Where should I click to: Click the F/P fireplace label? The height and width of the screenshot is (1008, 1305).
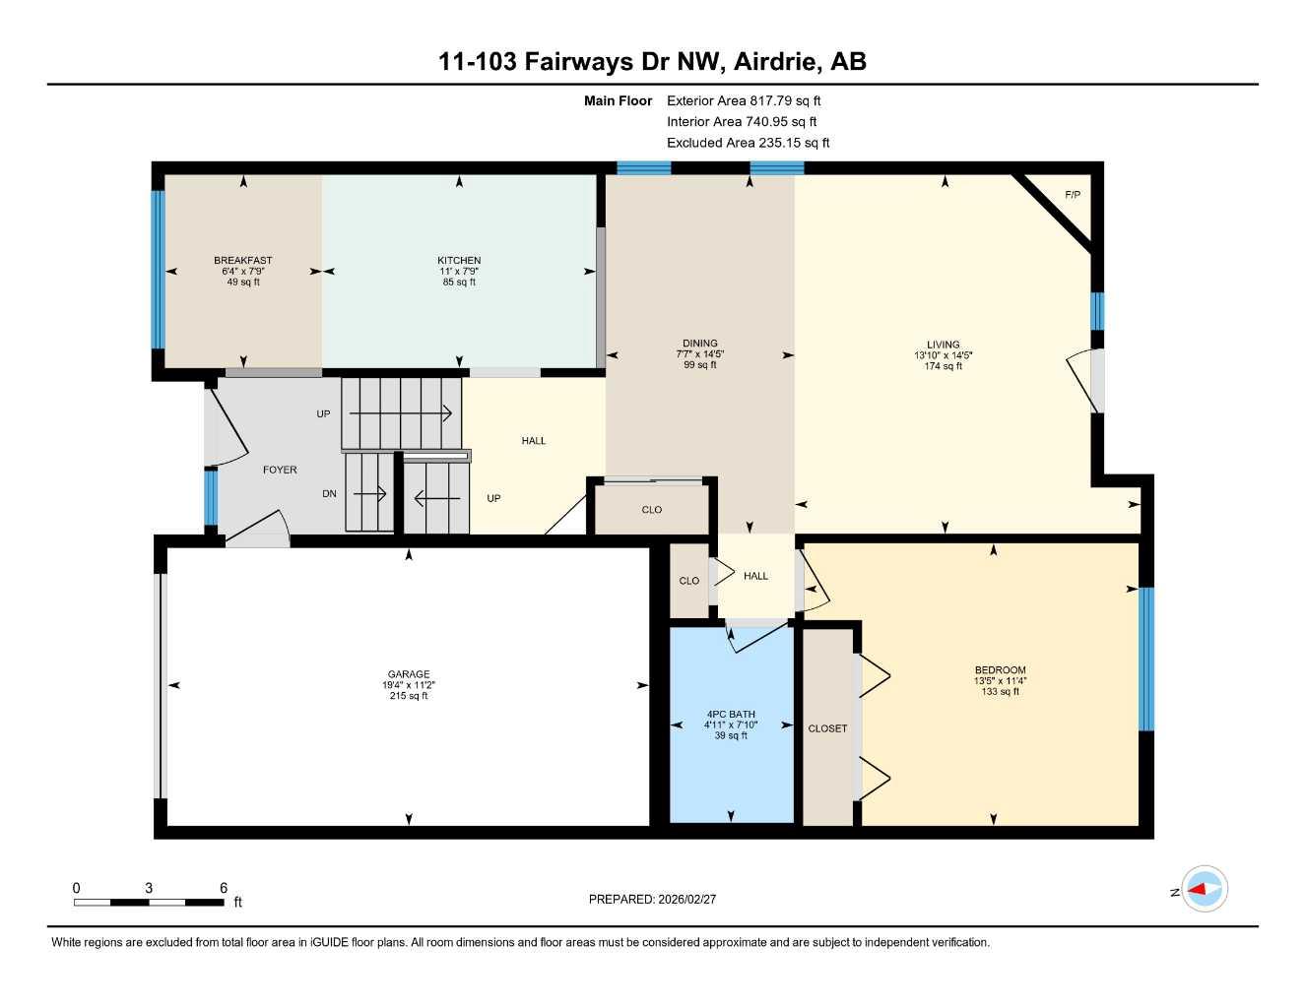click(x=1073, y=195)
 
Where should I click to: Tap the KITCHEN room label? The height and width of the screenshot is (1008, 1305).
click(x=459, y=261)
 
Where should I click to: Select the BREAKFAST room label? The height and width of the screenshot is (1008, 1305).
click(x=243, y=261)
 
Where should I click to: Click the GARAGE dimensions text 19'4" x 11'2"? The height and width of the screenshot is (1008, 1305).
click(x=409, y=685)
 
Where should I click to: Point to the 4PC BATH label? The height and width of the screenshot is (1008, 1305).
click(x=731, y=715)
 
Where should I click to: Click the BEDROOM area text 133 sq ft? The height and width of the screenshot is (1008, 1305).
click(x=1000, y=692)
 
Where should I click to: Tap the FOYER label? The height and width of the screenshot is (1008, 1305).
click(x=280, y=471)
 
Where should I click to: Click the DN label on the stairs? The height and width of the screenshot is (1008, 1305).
click(x=329, y=494)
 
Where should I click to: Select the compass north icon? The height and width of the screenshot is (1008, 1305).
click(x=1204, y=890)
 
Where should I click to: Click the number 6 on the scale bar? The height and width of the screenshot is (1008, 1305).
click(x=224, y=888)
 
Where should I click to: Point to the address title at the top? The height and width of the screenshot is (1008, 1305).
click(x=652, y=62)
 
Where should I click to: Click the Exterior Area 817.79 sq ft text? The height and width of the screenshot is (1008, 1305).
click(x=744, y=100)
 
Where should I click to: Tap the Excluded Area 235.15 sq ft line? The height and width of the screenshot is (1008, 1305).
click(x=748, y=143)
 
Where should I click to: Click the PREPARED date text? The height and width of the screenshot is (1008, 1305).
click(x=652, y=899)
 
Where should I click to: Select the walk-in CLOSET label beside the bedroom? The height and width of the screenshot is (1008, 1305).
click(x=827, y=728)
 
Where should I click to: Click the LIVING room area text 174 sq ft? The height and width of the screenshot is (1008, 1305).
click(x=943, y=366)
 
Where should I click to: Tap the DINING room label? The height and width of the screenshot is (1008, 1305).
click(x=700, y=344)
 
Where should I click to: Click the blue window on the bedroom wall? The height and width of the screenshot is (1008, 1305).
click(x=1145, y=659)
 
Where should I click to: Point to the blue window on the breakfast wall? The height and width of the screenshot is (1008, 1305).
click(x=157, y=270)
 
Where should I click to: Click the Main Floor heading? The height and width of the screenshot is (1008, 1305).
click(x=618, y=100)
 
